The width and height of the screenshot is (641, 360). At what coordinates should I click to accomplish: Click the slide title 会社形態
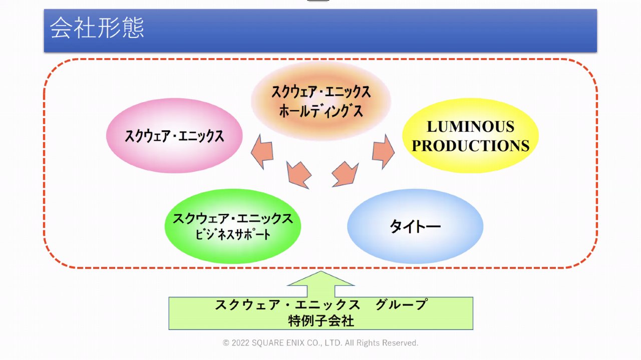[x=97, y=29]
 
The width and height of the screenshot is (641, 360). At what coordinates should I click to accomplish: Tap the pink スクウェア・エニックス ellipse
[x=174, y=136]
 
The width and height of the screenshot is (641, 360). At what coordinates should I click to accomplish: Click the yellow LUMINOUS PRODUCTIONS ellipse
[x=470, y=136]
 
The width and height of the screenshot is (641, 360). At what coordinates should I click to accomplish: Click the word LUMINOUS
[x=471, y=127]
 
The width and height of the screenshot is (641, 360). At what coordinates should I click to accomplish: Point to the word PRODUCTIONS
[x=471, y=146]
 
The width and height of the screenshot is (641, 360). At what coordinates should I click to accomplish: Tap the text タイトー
[x=415, y=227]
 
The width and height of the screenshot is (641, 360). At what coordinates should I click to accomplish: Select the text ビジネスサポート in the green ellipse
[x=233, y=235]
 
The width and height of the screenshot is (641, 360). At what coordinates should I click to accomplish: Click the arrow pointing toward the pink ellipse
[x=262, y=151]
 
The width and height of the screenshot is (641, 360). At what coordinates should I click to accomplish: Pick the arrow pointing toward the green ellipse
[x=299, y=175]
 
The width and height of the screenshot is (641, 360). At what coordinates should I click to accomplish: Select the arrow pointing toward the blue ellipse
[x=345, y=174]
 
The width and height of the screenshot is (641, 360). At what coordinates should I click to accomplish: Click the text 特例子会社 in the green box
[x=321, y=321]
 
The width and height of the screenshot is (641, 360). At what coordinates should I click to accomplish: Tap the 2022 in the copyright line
[x=240, y=343]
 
